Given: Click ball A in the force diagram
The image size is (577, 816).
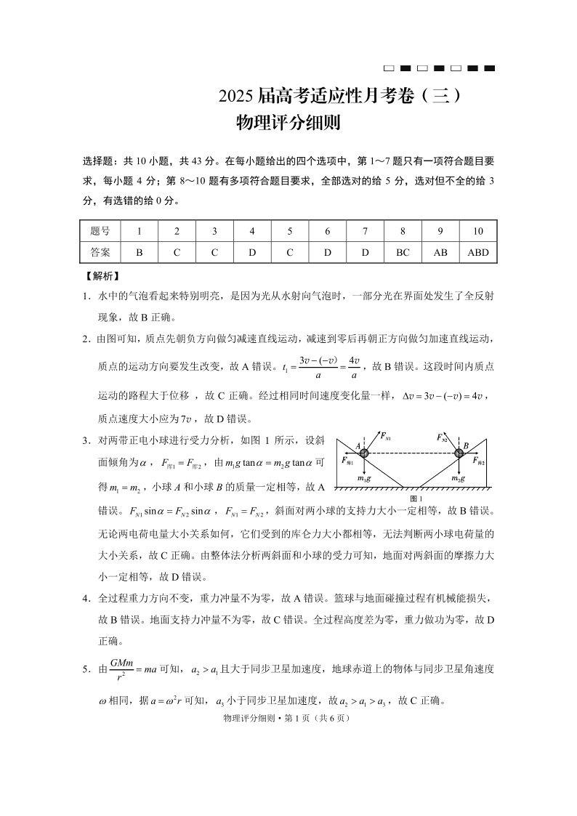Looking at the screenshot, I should pyautogui.click(x=364, y=453).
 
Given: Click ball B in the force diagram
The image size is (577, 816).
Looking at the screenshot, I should pyautogui.click(x=459, y=453).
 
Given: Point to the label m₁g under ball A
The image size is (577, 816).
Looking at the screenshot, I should pyautogui.click(x=365, y=478).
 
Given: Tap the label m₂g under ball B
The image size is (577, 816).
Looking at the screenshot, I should pyautogui.click(x=458, y=478).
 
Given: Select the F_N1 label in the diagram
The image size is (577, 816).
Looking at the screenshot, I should pyautogui.click(x=385, y=437).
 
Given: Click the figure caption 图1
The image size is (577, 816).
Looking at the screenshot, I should pyautogui.click(x=416, y=498).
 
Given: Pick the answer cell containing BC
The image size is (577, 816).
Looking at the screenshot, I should pyautogui.click(x=403, y=252).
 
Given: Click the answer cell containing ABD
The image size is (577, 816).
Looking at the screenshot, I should pyautogui.click(x=478, y=252).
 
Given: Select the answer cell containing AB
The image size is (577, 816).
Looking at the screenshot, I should pyautogui.click(x=440, y=252).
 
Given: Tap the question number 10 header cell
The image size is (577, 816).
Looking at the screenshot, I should pyautogui.click(x=478, y=231).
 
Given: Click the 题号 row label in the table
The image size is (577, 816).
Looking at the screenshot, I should pyautogui.click(x=100, y=231).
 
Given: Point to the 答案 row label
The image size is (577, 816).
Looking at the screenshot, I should pyautogui.click(x=100, y=252).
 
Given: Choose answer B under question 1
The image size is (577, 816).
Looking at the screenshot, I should pyautogui.click(x=139, y=252).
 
